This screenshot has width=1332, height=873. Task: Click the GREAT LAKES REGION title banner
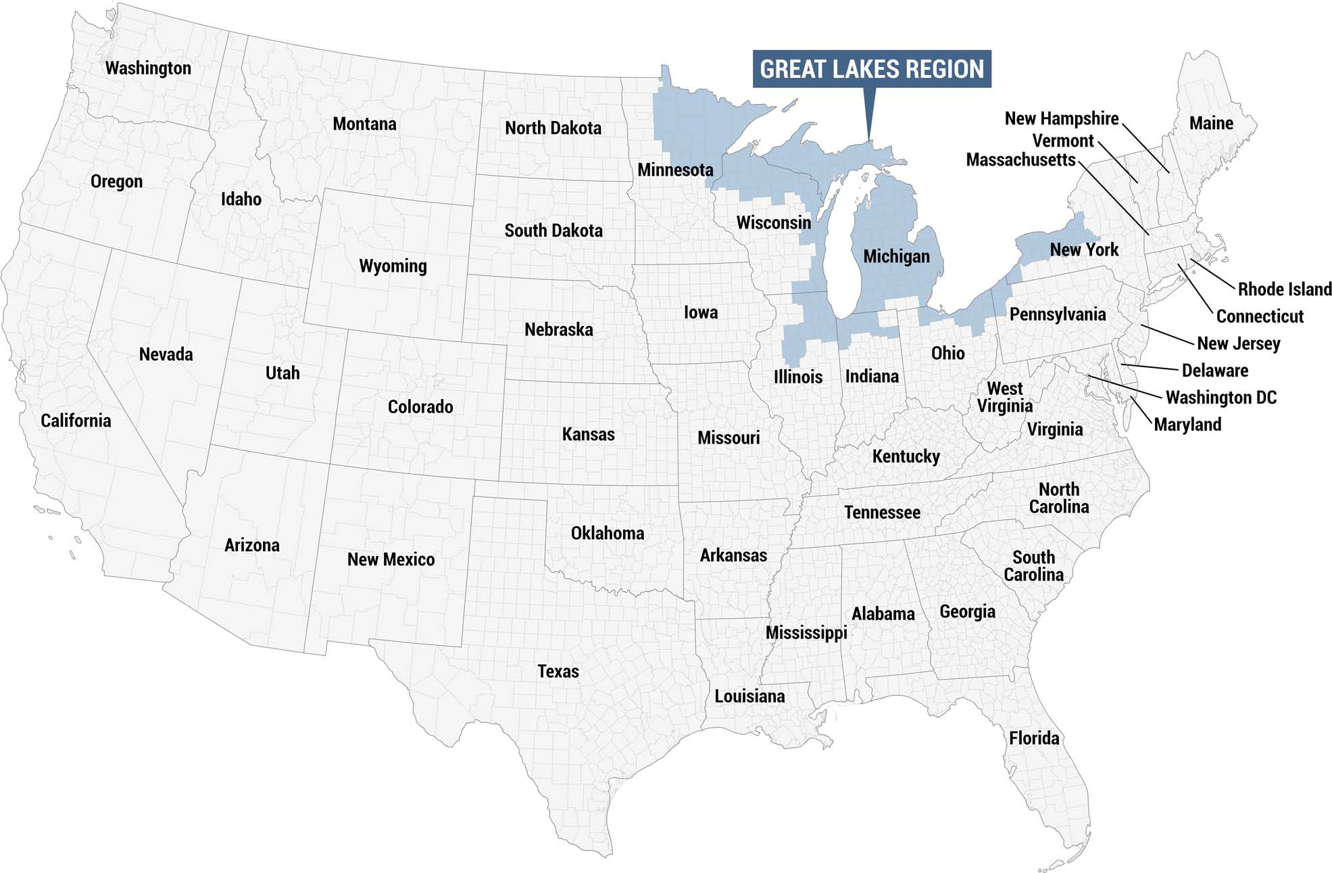tap(871, 69)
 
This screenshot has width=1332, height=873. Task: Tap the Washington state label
tap(148, 68)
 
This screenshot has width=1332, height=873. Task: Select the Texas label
tap(558, 671)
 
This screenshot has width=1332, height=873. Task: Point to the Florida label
tap(1034, 738)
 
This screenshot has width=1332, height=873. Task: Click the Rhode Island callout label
tap(1284, 289)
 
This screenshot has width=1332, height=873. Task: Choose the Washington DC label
tap(1220, 398)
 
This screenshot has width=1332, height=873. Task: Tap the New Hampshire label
tap(1061, 119)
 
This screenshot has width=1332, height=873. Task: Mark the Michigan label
tap(896, 257)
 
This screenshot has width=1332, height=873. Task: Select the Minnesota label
tap(675, 170)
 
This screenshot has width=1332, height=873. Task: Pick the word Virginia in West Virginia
tap(1005, 406)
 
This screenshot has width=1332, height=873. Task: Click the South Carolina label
tap(1033, 566)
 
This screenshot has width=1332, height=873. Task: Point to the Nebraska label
tap(558, 330)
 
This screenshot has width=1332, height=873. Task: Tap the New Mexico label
tap(391, 560)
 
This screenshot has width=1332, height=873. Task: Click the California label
tap(76, 421)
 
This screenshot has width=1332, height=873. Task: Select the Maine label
tap(1211, 124)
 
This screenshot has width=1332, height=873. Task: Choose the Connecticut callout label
tap(1259, 316)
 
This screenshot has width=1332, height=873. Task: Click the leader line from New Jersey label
tap(1167, 335)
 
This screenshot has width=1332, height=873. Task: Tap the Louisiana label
tap(749, 697)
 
